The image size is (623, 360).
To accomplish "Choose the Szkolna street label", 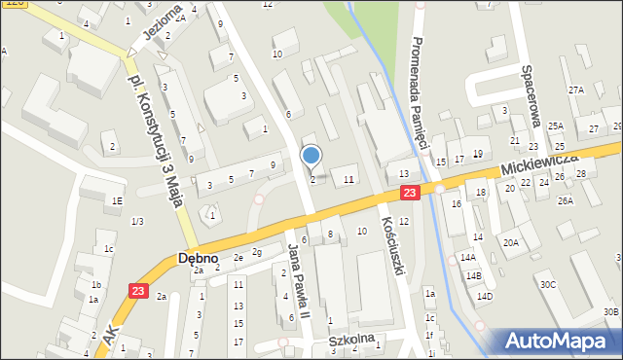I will tap(352, 342).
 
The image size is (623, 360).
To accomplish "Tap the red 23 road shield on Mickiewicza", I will tap(410, 194).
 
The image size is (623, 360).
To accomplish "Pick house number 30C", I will tap(548, 284).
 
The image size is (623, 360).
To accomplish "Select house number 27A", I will tap(575, 90).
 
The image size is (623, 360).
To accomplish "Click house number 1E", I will tap(117, 200).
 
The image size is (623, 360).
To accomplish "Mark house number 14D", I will tap(484, 296).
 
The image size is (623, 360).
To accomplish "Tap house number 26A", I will tap(566, 200).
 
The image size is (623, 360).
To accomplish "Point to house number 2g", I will tap(257, 253).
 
